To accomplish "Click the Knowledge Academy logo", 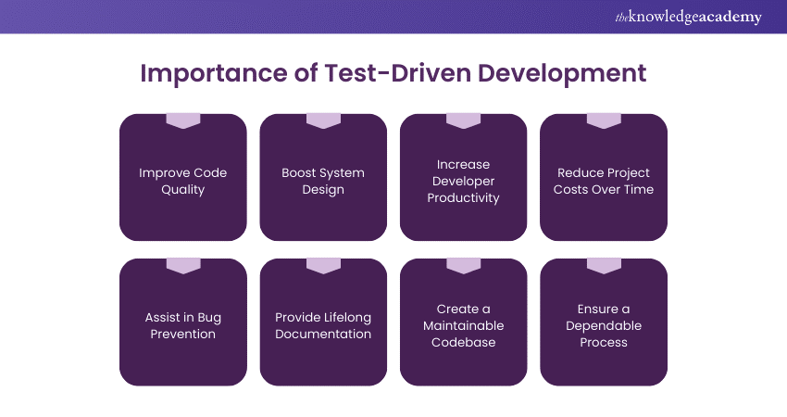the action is (688, 17).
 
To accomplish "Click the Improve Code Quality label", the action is (182, 181).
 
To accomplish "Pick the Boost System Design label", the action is (323, 181).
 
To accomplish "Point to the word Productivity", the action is (463, 198).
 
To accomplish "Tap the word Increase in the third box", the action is (463, 164).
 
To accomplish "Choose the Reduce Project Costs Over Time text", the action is (604, 181).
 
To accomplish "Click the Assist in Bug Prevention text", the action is (182, 325).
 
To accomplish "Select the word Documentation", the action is (323, 335).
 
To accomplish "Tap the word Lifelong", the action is (348, 318).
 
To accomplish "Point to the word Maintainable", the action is (463, 325).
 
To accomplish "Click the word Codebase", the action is (463, 342).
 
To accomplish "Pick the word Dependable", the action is (604, 326).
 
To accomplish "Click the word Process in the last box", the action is (604, 342).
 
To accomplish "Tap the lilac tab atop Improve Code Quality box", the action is (183, 120).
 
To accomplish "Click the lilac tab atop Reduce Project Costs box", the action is (604, 120).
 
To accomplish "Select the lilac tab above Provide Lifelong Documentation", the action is (323, 266).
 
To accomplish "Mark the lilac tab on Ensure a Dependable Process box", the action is (604, 266).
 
